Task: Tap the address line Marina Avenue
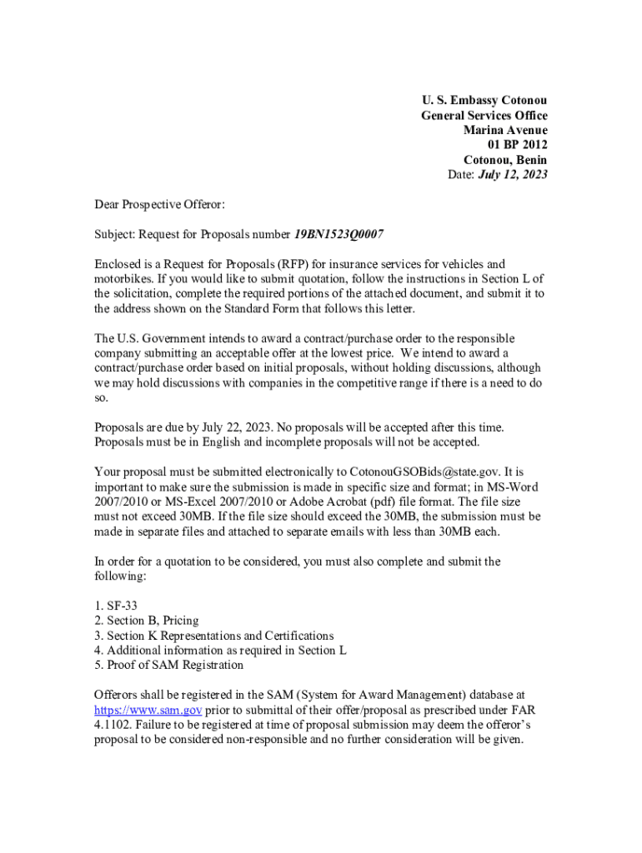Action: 506,131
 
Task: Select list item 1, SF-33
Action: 116,606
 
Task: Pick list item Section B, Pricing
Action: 147,621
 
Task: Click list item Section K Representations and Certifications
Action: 214,636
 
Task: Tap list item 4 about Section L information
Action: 220,651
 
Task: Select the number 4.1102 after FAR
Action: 113,726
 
